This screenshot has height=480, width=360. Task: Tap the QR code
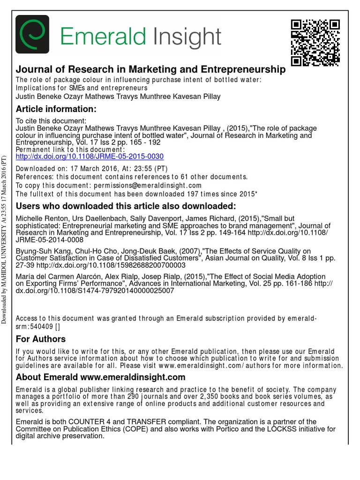315,42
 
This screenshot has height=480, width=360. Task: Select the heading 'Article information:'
56,109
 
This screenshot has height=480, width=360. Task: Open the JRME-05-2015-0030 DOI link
90,157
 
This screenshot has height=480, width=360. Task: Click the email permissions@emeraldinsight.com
148,185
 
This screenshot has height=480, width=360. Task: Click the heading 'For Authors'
41,339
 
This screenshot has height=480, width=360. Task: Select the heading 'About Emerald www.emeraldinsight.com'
101,377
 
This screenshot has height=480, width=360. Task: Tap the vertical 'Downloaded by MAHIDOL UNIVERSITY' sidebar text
4,239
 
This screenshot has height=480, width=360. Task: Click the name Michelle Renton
41,219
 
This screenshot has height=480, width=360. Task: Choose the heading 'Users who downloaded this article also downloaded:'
126,207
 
